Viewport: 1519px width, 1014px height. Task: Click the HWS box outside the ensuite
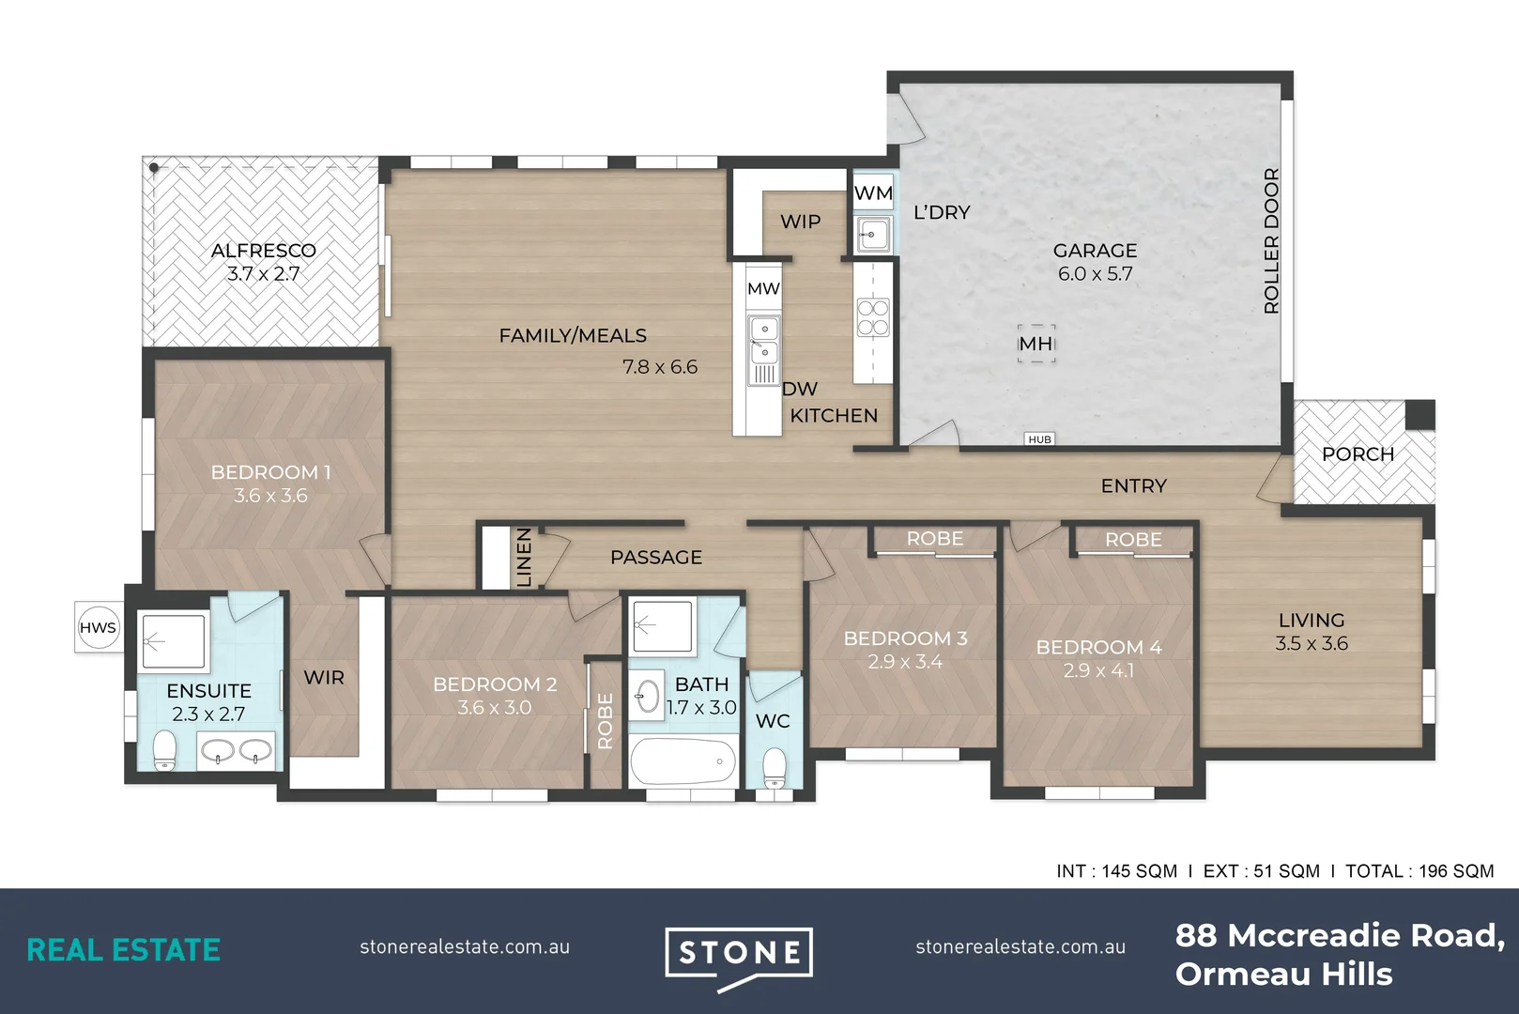pyautogui.click(x=98, y=628)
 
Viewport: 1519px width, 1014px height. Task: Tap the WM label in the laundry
pyautogui.click(x=873, y=193)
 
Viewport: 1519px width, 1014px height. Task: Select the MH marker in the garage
pyautogui.click(x=1036, y=344)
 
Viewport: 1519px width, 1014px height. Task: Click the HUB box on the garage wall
pyautogui.click(x=1039, y=439)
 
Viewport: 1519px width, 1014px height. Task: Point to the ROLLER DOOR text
pyautogui.click(x=1271, y=240)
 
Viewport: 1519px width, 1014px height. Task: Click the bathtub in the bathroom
pyautogui.click(x=683, y=761)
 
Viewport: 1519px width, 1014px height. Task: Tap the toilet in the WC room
pyautogui.click(x=775, y=768)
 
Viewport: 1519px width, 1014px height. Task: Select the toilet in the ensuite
pyautogui.click(x=165, y=751)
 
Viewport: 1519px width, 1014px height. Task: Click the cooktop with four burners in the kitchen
pyautogui.click(x=873, y=317)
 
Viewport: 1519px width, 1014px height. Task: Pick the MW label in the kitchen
pyautogui.click(x=763, y=289)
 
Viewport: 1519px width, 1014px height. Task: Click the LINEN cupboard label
pyautogui.click(x=524, y=558)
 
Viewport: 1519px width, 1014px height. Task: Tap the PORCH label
pyautogui.click(x=1358, y=454)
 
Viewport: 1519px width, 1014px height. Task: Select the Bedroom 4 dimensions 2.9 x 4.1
pyautogui.click(x=1098, y=671)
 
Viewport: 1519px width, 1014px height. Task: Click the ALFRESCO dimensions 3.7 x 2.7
pyautogui.click(x=263, y=274)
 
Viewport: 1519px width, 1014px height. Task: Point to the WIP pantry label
pyautogui.click(x=800, y=222)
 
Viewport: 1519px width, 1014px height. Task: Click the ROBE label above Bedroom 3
pyautogui.click(x=934, y=539)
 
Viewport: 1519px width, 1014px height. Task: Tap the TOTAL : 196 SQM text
pyautogui.click(x=1419, y=871)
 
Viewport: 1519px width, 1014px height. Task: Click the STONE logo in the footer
pyautogui.click(x=739, y=955)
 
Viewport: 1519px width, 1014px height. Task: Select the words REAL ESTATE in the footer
pyautogui.click(x=123, y=950)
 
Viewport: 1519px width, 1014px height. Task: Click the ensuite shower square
pyautogui.click(x=173, y=641)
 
